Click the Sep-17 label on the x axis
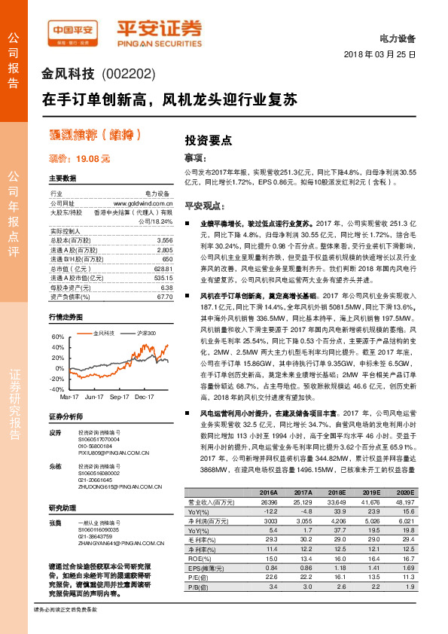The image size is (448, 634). click(120, 395)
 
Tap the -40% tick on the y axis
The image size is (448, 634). click(57, 389)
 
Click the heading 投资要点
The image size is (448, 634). click(208, 140)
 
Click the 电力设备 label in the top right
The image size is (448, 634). click(401, 38)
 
